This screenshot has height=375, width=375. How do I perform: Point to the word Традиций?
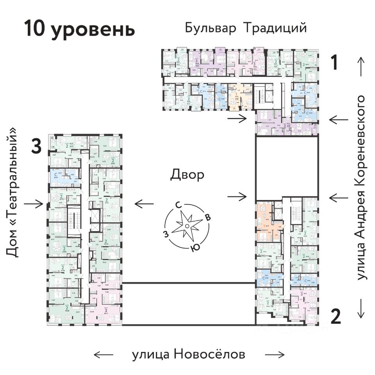(x=275, y=29)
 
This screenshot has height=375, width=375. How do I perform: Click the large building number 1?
(x=334, y=62)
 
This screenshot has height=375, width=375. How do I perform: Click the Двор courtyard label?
(x=187, y=175)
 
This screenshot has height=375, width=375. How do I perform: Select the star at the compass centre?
(x=187, y=226)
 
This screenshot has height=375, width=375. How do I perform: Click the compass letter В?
(x=208, y=218)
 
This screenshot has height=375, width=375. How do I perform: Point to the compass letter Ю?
(x=193, y=247)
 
